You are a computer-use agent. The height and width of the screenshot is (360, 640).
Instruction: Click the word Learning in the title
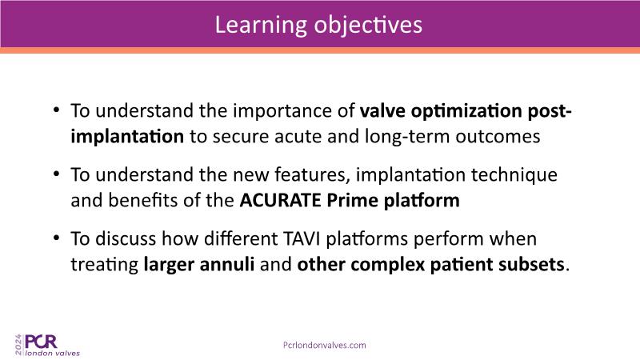[261, 26]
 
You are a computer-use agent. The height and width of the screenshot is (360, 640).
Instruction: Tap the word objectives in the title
[368, 25]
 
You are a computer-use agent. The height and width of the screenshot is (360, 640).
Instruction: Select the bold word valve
[382, 110]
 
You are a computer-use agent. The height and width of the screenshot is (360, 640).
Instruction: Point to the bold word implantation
[127, 137]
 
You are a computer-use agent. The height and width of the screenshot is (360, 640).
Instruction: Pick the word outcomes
[498, 137]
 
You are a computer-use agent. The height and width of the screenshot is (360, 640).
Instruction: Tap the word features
[312, 174]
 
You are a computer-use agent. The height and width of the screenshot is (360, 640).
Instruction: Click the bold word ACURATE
[280, 201]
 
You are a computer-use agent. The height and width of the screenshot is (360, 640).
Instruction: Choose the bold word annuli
[227, 265]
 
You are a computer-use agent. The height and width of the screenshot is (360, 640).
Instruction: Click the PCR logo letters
[41, 342]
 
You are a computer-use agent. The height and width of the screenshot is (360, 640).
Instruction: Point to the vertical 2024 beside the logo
[18, 345]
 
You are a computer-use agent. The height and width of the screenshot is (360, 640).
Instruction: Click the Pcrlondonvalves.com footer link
[325, 346]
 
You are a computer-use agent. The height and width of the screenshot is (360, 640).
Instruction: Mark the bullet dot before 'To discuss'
[56, 238]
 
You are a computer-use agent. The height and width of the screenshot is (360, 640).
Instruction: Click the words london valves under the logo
[53, 353]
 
